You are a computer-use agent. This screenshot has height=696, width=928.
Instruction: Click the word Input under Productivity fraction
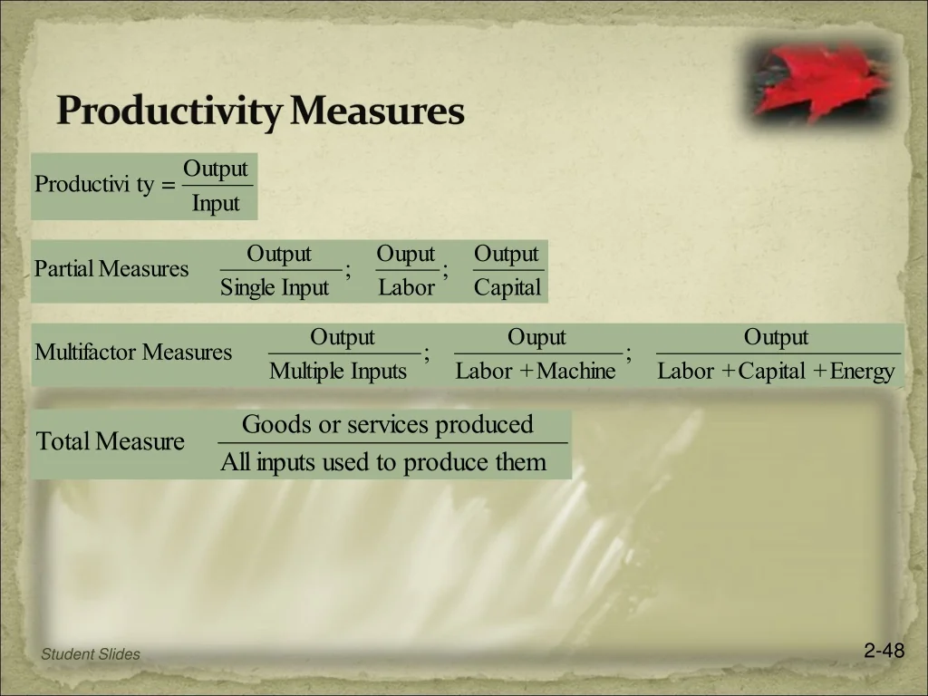pos(216,204)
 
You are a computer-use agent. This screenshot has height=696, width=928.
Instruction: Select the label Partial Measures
pos(111,268)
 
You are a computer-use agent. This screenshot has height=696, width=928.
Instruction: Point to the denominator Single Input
pos(274,288)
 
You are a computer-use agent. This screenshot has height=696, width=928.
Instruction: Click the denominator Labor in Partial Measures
pos(407,287)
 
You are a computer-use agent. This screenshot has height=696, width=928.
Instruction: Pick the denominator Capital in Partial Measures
pos(507,288)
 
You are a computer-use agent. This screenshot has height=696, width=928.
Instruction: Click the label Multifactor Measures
pos(133,353)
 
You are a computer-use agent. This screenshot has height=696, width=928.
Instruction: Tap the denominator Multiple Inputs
pos(338,372)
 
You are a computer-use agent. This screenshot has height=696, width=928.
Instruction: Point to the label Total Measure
pos(110,441)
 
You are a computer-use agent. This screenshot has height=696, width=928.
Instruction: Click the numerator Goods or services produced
pos(388,424)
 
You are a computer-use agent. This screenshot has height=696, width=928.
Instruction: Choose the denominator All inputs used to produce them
pos(383,462)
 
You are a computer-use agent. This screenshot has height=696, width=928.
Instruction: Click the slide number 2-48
pos(884,651)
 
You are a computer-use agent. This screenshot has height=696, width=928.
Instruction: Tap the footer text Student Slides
pos(91,654)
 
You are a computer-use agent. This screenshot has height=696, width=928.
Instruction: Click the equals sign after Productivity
pos(168,185)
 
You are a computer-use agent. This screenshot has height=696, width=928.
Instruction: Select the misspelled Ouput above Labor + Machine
pos(536,337)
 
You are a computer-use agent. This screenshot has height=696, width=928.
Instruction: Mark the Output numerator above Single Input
pos(279,254)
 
